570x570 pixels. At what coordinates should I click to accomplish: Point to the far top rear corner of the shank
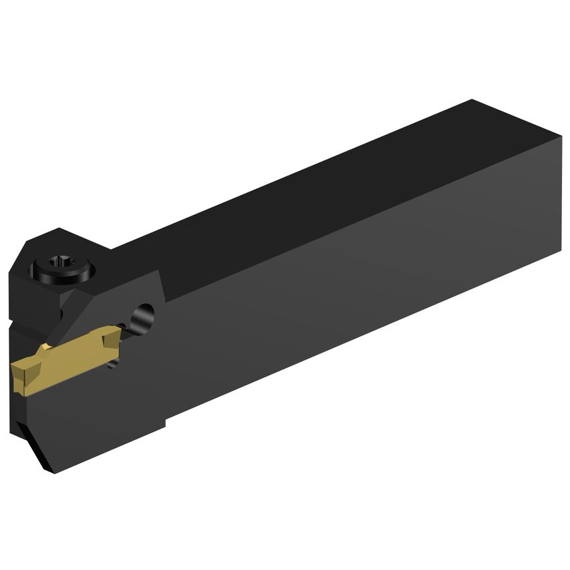(x=473, y=101)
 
